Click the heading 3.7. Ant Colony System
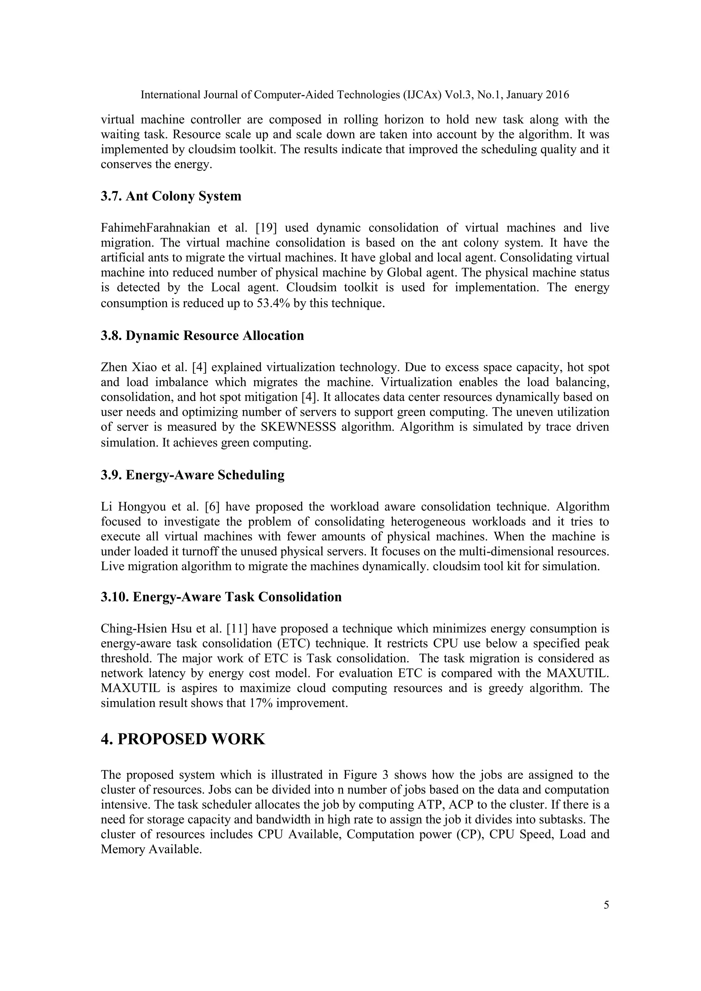[171, 196]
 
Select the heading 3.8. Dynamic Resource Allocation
[202, 336]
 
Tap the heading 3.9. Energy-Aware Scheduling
[192, 475]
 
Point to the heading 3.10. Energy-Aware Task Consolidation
[221, 597]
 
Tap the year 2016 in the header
[557, 95]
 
